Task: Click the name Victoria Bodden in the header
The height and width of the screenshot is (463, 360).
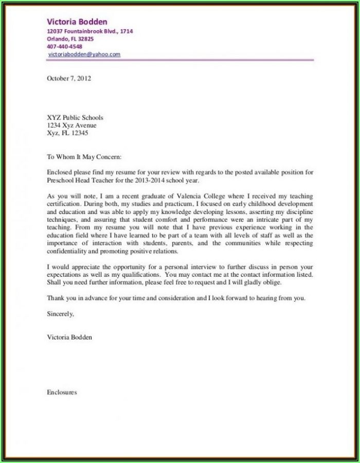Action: [x=77, y=22]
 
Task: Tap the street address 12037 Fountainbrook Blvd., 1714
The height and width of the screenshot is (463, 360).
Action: [x=90, y=31]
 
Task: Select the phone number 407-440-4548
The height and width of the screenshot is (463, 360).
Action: [x=64, y=46]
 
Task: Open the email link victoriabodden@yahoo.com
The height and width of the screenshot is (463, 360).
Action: [x=84, y=54]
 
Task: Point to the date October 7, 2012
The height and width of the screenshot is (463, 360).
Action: [x=69, y=79]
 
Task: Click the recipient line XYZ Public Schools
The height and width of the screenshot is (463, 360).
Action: [x=75, y=117]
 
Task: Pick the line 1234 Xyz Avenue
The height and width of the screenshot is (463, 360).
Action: [x=71, y=125]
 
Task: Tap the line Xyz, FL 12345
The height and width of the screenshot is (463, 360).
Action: [x=67, y=133]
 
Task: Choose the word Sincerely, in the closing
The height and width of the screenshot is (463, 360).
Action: [x=61, y=313]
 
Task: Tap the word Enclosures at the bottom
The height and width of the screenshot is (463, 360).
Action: [x=62, y=392]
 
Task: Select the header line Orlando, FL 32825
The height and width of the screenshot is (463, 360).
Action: [x=70, y=39]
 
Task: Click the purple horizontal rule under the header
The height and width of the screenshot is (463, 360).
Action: [x=180, y=60]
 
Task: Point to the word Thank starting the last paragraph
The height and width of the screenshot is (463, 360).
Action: [x=56, y=298]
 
